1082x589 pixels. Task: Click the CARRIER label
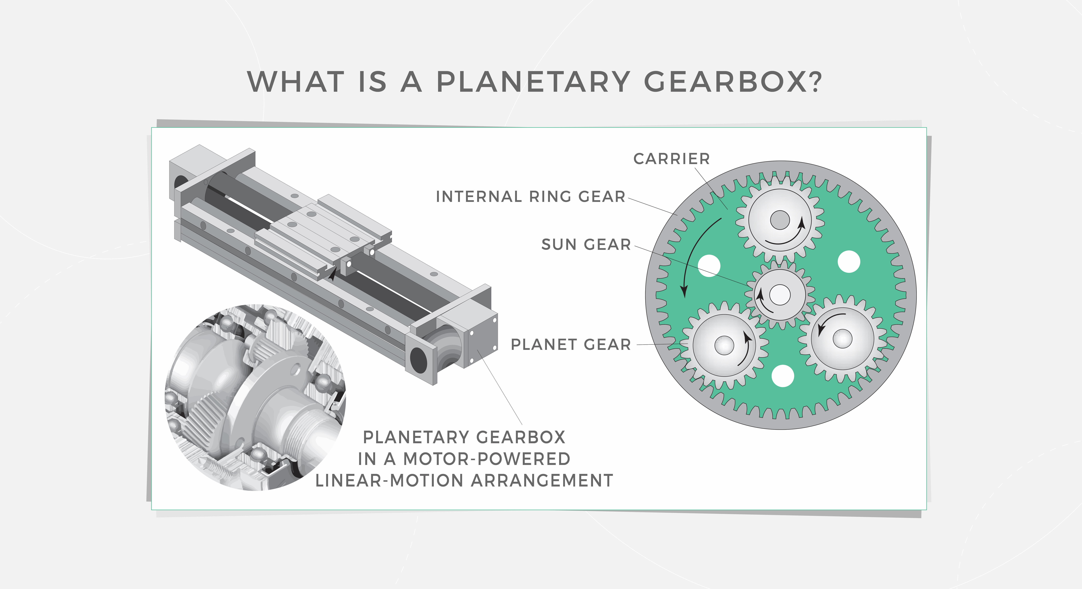[x=671, y=159]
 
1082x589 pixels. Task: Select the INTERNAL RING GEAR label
[x=531, y=197]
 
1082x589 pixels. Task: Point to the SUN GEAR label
[x=586, y=244]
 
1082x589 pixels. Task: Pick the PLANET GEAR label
[x=570, y=345]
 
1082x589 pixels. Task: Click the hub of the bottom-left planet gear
[x=724, y=345]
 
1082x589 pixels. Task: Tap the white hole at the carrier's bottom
[x=783, y=376]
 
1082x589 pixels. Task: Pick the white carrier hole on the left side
[x=709, y=266]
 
